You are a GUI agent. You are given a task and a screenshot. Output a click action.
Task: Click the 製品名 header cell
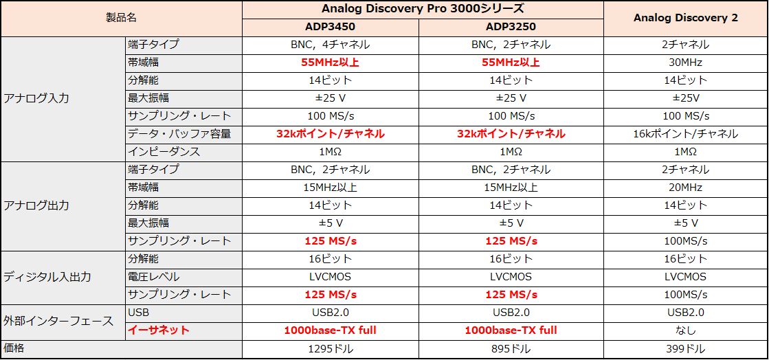(121, 19)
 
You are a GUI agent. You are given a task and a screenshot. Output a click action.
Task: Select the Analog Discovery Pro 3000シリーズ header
(423, 9)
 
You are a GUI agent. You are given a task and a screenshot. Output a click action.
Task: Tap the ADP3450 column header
(330, 27)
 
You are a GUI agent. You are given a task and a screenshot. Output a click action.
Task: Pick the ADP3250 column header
(511, 27)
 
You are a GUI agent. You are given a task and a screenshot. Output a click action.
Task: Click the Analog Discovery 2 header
(685, 18)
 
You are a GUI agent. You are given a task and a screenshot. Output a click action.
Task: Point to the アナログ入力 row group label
(36, 98)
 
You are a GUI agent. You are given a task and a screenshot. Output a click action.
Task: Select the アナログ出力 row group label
(36, 205)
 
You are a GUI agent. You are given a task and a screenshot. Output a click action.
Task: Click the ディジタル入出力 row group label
(47, 277)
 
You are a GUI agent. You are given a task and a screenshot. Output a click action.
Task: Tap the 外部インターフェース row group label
(58, 321)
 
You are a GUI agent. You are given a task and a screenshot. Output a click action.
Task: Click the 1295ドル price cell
(330, 349)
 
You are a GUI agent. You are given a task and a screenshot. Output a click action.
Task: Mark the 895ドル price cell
(511, 349)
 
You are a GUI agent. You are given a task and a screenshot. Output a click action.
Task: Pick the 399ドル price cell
(685, 349)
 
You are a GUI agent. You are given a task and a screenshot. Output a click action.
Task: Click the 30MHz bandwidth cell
(685, 63)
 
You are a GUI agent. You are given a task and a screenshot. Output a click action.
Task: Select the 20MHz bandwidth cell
(685, 188)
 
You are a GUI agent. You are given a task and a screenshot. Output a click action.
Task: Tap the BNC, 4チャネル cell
(330, 45)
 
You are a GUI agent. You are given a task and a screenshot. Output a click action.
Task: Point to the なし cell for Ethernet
(685, 330)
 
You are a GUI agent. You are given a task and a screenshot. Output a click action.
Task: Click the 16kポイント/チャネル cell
(685, 134)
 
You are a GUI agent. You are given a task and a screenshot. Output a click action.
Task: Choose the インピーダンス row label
(164, 152)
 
